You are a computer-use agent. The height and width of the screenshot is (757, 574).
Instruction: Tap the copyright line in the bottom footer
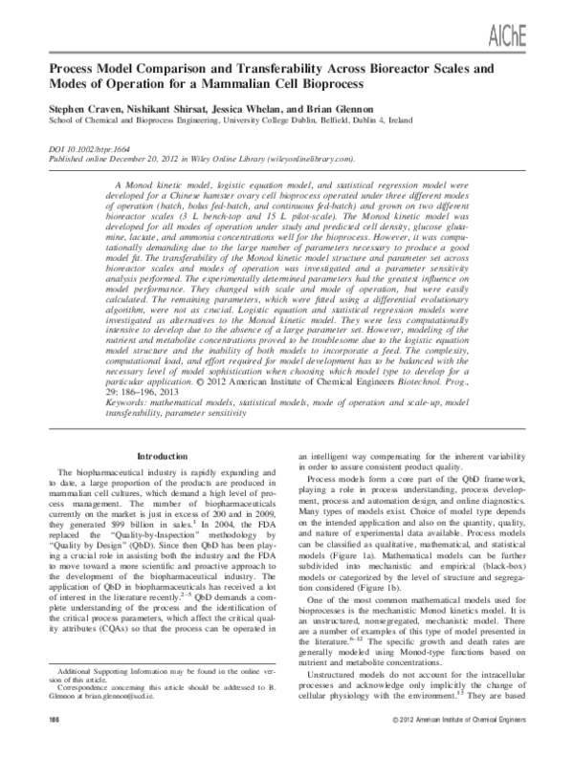coord(454,743)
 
